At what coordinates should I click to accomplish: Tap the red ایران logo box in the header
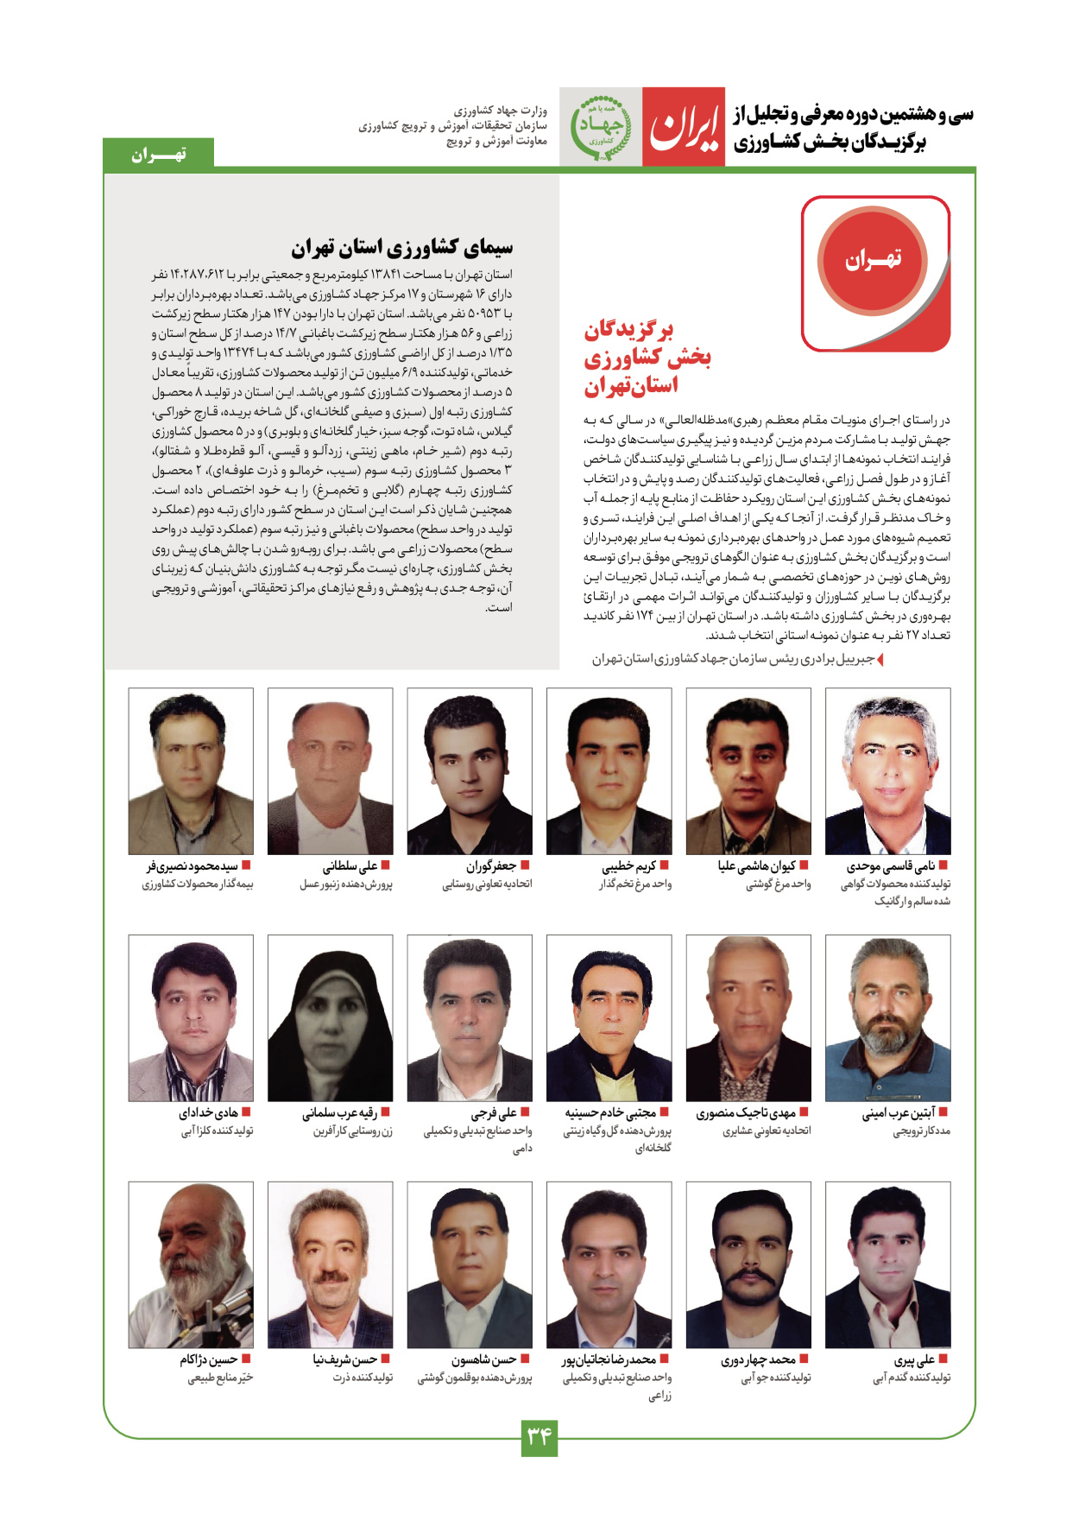point(683,128)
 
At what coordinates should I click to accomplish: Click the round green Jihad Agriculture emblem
point(600,127)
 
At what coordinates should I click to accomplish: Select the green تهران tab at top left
point(158,155)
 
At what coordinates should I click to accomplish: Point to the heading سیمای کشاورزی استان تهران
point(401,249)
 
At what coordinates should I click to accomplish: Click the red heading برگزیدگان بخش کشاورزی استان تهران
point(647,358)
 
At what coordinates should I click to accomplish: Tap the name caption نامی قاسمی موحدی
point(896,865)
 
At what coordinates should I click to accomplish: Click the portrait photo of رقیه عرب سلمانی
point(330,1017)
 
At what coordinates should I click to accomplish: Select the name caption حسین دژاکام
point(208,1360)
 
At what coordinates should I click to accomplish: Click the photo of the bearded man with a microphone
point(191,1264)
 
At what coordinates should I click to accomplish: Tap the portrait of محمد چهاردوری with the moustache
point(748,1264)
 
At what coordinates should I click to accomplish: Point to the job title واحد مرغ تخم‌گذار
point(635,884)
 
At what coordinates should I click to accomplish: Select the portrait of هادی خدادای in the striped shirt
point(191,1017)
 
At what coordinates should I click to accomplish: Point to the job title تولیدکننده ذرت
point(363,1378)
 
